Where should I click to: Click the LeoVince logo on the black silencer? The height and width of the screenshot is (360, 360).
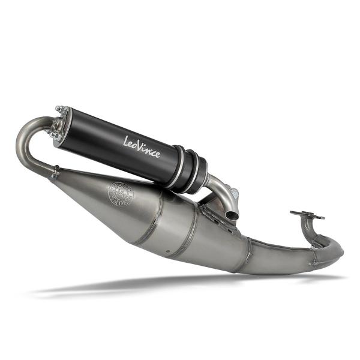coord(142,146)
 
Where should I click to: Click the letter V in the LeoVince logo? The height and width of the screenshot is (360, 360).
coord(143,147)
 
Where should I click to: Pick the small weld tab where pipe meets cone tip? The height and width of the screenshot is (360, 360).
coord(55,175)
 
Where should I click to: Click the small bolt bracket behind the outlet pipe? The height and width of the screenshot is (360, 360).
coord(235,194)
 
